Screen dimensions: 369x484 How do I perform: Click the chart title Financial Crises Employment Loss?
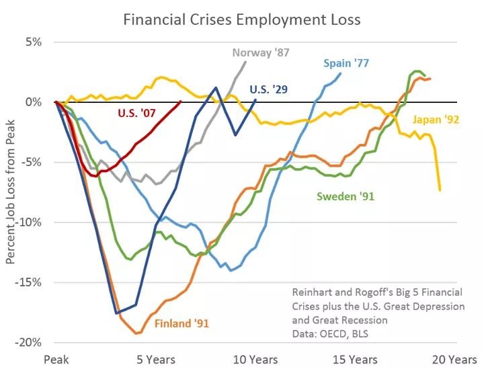click(242, 19)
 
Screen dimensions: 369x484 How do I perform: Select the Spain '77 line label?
click(346, 64)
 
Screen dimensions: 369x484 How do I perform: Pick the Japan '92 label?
click(435, 122)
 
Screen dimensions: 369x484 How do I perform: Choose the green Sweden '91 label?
click(345, 196)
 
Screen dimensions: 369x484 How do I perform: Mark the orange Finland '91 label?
click(182, 323)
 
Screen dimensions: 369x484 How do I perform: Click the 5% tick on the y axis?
click(32, 42)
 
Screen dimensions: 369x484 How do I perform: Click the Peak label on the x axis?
click(56, 360)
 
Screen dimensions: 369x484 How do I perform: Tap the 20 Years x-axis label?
click(454, 360)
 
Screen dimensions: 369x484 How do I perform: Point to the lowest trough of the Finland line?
click(136, 333)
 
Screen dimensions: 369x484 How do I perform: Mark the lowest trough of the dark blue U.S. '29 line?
click(117, 313)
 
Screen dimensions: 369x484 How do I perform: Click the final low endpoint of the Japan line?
click(440, 190)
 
